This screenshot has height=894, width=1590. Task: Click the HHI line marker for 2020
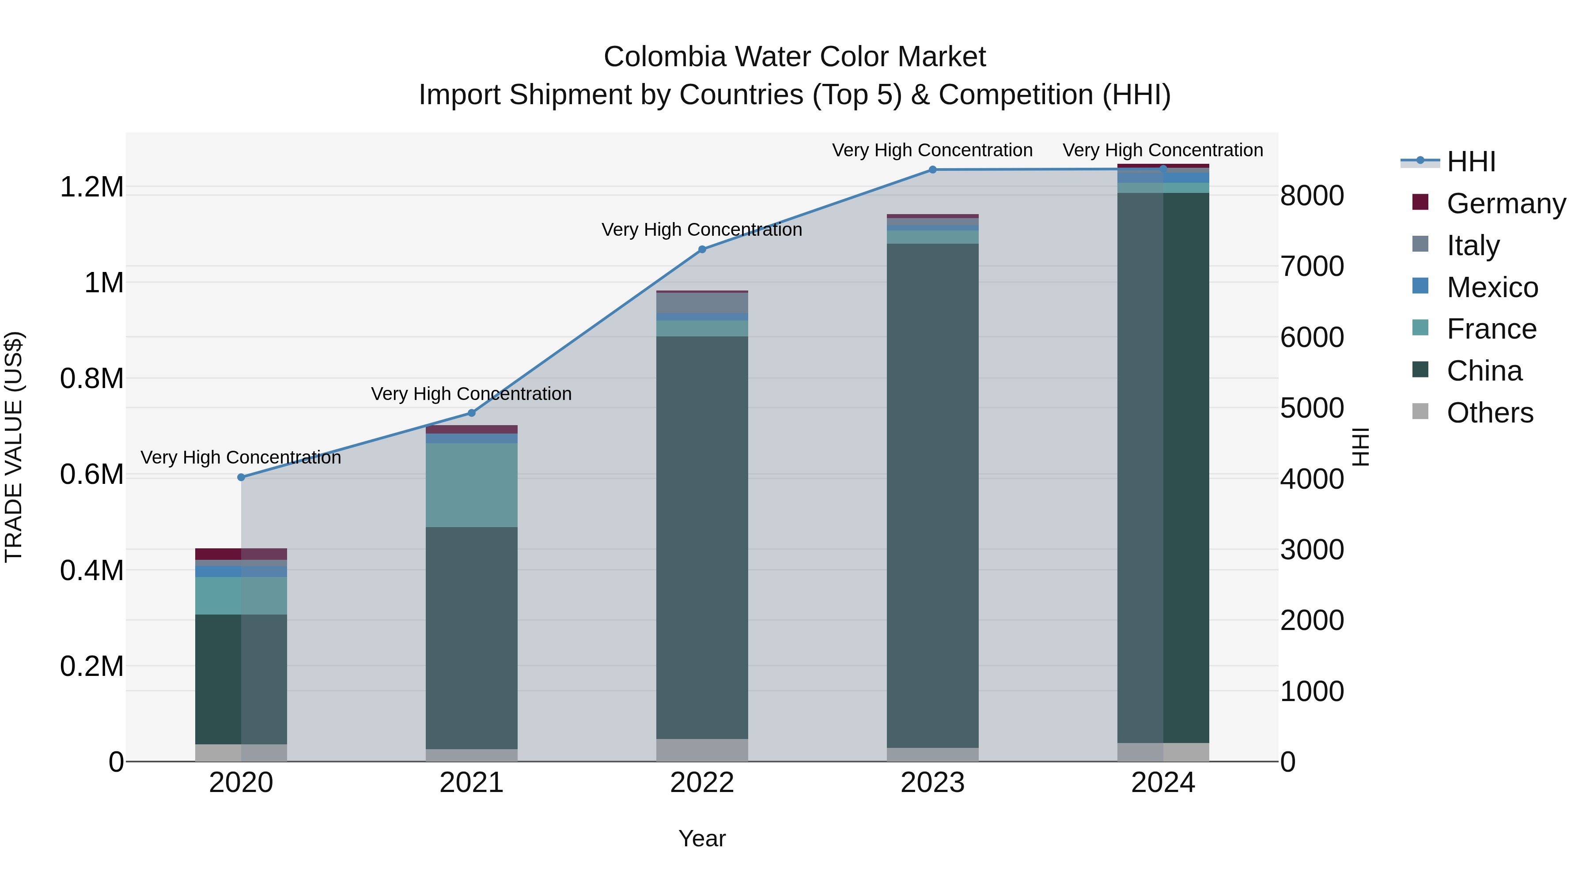tap(241, 477)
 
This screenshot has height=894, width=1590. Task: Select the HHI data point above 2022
tap(702, 249)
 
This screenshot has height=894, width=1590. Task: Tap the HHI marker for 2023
tap(933, 170)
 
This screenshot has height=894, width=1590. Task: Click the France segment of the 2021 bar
tap(472, 484)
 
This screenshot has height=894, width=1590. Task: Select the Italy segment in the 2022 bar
tap(702, 303)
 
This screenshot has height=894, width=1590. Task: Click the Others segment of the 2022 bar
tap(702, 750)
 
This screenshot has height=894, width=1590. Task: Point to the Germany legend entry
tap(1506, 204)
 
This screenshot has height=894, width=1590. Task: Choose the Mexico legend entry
tap(1492, 287)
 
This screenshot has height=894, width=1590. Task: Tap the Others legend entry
tap(1489, 413)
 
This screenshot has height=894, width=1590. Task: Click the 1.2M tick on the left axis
tap(91, 187)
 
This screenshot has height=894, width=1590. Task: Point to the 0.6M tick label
tap(91, 475)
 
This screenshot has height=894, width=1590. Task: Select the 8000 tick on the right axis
tap(1312, 196)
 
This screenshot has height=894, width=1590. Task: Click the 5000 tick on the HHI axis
tap(1312, 408)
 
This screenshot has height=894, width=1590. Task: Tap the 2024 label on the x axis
tap(1163, 783)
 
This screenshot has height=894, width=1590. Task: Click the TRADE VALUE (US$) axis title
tap(14, 447)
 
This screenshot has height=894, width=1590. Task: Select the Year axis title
tap(702, 838)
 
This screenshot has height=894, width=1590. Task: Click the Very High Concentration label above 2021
tap(472, 394)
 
